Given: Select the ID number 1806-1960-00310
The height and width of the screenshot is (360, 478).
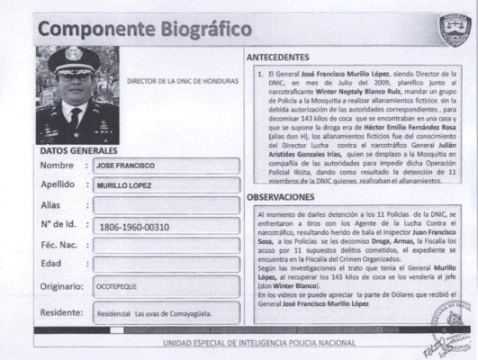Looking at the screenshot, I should pos(135,226).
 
